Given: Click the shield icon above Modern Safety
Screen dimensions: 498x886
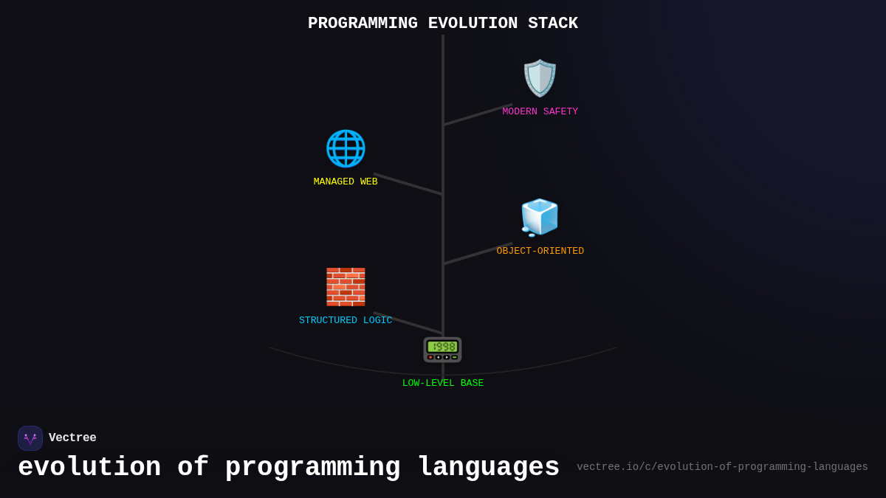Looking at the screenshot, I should pos(540,78).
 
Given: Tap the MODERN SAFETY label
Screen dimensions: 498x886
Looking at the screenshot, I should pos(540,112).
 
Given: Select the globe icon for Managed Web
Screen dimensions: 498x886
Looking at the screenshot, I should pos(346,148).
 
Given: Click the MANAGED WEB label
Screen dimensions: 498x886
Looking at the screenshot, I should pos(346,182).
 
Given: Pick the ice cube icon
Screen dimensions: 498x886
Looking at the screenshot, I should pos(540,218).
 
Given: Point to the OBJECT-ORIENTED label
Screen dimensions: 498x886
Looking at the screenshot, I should pos(540,252).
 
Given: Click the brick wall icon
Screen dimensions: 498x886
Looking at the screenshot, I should pos(346,287).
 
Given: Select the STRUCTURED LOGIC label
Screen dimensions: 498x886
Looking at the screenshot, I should pos(346,321).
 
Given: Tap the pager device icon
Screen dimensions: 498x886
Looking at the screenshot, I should pos(442,350).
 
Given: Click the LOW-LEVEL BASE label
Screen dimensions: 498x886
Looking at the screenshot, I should pos(443,384).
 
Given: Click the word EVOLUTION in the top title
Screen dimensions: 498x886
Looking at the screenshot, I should pos(473,24).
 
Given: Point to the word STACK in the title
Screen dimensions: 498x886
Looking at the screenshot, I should pos(553,24).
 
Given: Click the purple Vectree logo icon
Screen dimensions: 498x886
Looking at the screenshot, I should pos(30,438).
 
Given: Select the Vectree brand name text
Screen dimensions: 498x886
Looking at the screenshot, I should pos(72,438).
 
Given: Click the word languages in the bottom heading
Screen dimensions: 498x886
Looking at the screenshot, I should pos(488,468).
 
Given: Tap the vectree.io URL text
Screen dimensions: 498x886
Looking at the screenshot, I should pos(722,467).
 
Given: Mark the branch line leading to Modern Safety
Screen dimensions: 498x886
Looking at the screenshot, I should pos(478,114).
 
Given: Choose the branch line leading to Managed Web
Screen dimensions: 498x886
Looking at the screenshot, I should pos(408,184).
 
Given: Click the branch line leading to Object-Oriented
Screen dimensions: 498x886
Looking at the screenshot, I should pos(478,253).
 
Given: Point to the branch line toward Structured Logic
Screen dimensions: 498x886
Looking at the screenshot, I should pos(408,322).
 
